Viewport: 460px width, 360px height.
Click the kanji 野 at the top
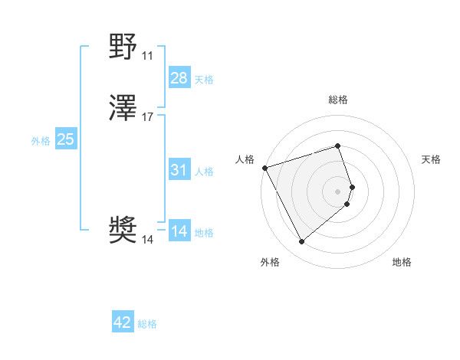click(x=123, y=48)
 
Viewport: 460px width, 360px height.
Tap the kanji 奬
click(x=123, y=230)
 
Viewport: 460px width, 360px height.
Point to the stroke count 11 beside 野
click(x=147, y=56)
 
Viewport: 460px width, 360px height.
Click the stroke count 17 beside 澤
click(x=147, y=117)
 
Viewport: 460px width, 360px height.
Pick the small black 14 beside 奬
click(x=147, y=240)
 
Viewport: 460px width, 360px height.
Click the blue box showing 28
click(x=179, y=78)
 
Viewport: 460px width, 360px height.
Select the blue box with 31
click(x=179, y=170)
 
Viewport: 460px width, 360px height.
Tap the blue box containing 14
click(x=179, y=231)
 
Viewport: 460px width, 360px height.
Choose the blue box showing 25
click(x=66, y=139)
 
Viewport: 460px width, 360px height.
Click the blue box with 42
click(x=123, y=322)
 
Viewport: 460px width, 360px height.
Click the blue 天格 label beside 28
click(x=204, y=80)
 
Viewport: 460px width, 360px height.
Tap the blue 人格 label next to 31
click(x=204, y=172)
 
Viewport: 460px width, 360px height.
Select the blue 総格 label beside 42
click(x=147, y=324)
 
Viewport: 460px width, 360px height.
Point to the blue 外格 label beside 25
click(x=41, y=141)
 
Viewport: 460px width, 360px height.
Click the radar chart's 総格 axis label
click(x=337, y=100)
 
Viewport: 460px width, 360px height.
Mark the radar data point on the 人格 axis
click(x=264, y=167)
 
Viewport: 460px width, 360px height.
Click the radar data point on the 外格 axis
click(x=301, y=242)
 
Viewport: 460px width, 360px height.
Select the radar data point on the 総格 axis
click(x=337, y=146)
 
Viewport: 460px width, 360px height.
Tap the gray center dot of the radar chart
click(x=337, y=191)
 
